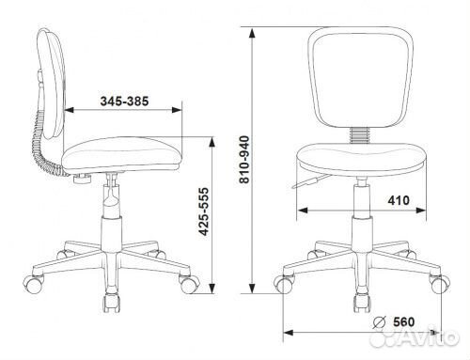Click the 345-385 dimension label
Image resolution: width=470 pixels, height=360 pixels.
(x=124, y=102)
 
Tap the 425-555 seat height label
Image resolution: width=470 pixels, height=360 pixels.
(x=204, y=211)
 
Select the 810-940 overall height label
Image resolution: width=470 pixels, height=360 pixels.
(x=244, y=159)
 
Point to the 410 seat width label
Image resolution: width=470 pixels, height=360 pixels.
(x=399, y=200)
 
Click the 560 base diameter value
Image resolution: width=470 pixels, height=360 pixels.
(x=403, y=321)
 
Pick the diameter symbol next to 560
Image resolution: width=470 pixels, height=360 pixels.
(x=379, y=322)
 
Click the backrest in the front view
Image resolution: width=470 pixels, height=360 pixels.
(x=361, y=78)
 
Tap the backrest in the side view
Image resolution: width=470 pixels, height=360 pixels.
(x=52, y=84)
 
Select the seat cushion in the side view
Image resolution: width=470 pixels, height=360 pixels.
(x=121, y=154)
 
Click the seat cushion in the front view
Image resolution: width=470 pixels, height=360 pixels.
(x=361, y=159)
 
